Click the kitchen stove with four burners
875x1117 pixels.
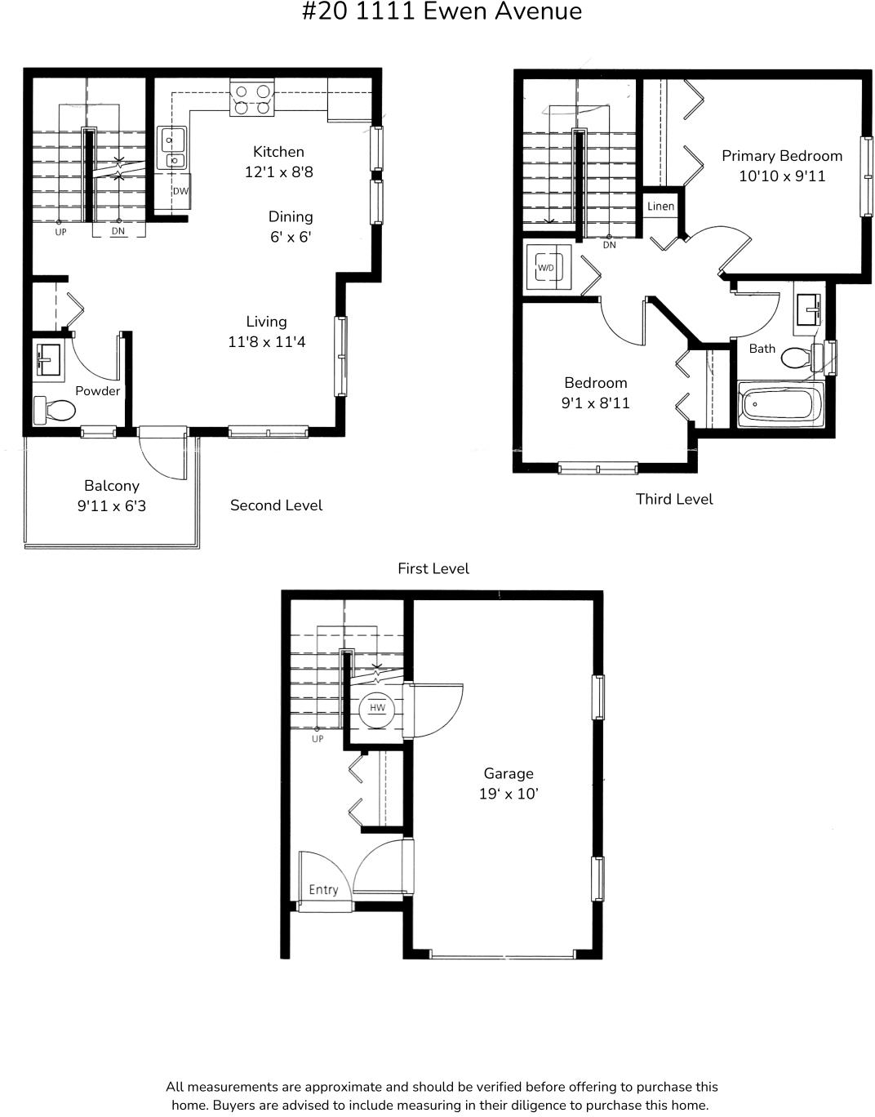pos(251,98)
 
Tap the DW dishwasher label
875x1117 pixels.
pos(180,191)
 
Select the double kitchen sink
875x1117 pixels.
pos(172,149)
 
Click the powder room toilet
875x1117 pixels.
pos(55,410)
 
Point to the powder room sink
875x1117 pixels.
pos(49,360)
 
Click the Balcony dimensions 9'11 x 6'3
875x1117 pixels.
pos(112,505)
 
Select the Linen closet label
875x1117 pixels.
pos(660,206)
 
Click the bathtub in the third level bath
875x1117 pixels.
pos(780,404)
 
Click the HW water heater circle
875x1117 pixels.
pos(377,708)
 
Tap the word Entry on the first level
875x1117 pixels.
pos(323,889)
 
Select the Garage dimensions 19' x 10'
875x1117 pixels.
pos(509,794)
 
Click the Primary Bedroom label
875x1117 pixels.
pos(781,156)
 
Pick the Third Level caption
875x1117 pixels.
pos(674,499)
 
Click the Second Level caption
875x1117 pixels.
pos(276,505)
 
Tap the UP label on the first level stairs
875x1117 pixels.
pos(318,739)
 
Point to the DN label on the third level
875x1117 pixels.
pos(610,245)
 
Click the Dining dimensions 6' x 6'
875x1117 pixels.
pos(291,237)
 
